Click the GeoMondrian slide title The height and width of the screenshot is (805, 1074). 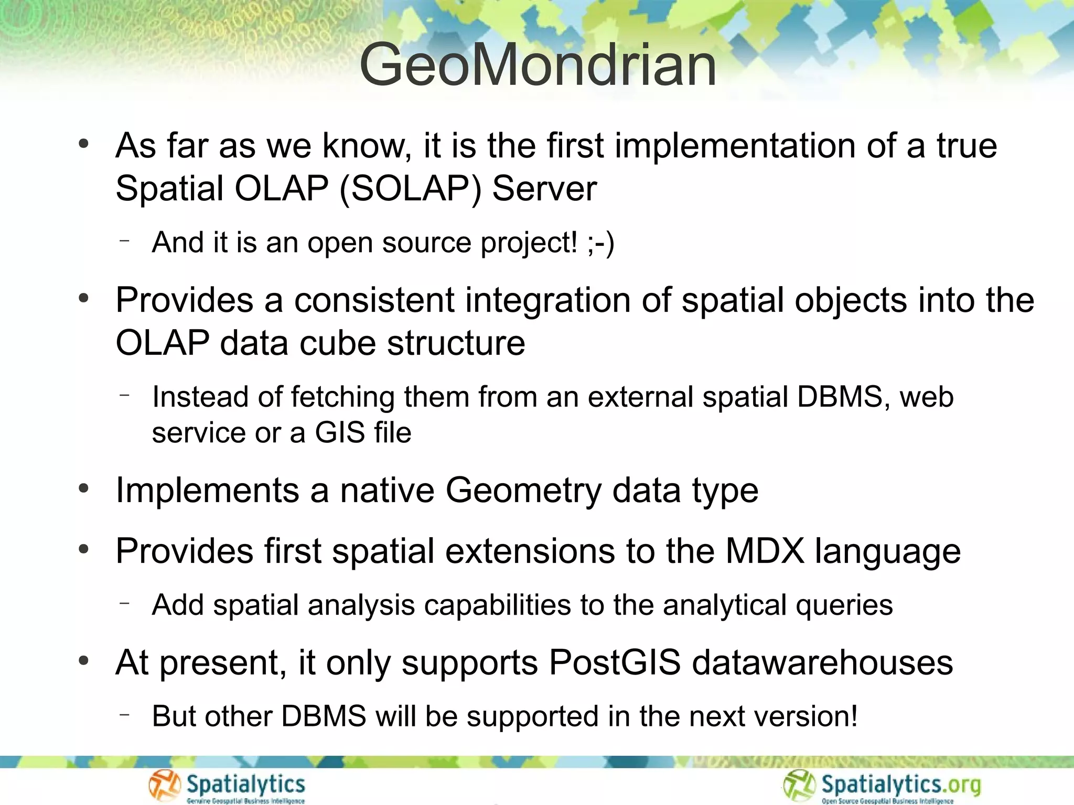pos(538,66)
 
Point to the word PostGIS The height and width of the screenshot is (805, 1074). pos(615,663)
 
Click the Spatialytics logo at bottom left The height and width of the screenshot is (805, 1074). pos(227,786)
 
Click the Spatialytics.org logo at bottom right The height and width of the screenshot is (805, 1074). pos(882,786)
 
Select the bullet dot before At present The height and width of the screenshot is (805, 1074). pos(83,661)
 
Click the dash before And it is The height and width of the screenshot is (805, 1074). pos(124,241)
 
